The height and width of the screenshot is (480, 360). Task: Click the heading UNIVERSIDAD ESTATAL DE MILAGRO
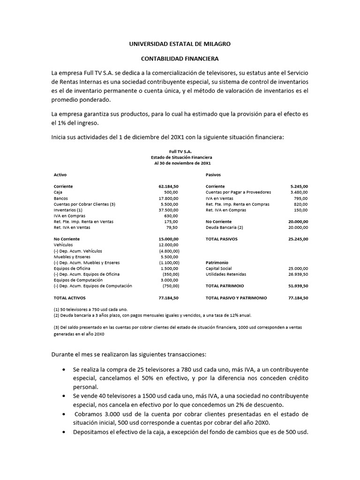tap(180, 44)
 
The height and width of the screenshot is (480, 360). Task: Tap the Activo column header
tap(60, 174)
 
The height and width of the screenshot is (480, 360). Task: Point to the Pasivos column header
tap(213, 174)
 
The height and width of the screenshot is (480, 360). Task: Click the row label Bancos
tap(61, 198)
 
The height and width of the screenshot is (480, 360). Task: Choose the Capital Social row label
tap(219, 268)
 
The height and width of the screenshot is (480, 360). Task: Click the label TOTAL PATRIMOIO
tap(225, 285)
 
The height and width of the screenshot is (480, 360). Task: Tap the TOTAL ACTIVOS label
tap(70, 297)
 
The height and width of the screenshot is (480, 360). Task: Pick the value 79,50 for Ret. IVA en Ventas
tap(172, 227)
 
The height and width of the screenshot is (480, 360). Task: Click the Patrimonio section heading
tap(217, 262)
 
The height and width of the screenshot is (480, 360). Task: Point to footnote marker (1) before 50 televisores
tap(56, 309)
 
